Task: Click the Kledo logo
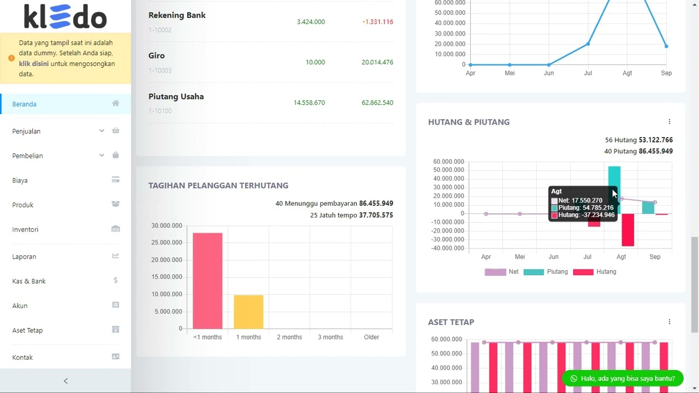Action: tap(65, 16)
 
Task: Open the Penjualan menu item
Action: tap(26, 131)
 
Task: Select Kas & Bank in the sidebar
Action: tap(29, 281)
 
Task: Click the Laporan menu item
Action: tap(24, 257)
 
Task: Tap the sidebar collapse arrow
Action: tap(66, 381)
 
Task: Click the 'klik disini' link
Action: tap(34, 64)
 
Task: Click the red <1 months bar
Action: tap(208, 281)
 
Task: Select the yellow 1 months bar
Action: tap(248, 312)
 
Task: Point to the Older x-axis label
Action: tap(371, 337)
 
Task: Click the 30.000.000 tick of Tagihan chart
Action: tap(167, 225)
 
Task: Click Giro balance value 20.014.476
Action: tap(377, 62)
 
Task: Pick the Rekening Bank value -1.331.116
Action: tap(377, 22)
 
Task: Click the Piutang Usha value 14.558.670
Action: tap(309, 103)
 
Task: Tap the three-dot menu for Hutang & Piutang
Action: tap(670, 122)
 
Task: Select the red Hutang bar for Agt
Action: tap(627, 230)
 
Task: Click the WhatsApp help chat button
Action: tap(622, 378)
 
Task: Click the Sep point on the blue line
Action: tap(666, 46)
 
